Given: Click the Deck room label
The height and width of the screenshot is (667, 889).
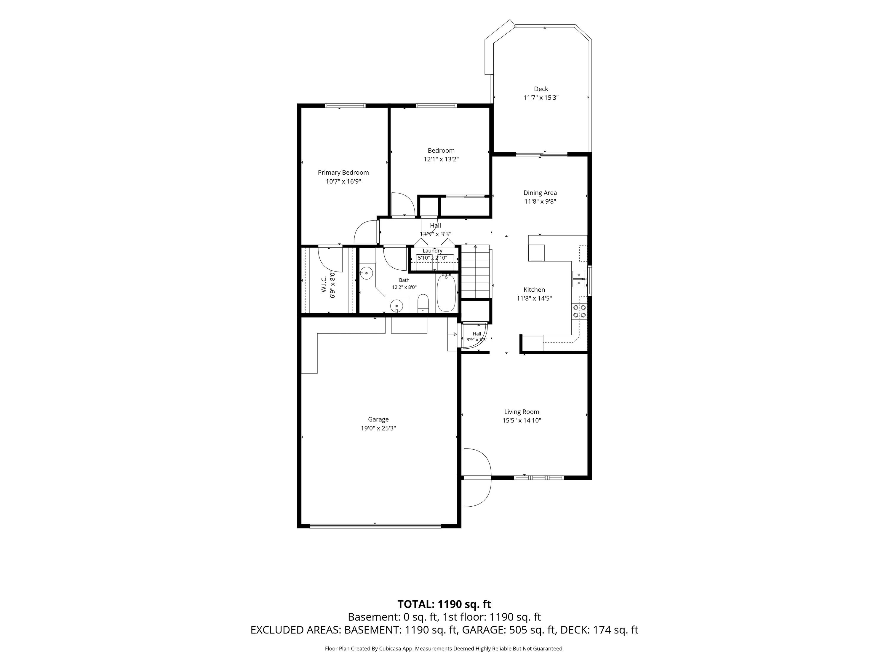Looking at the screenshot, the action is [541, 89].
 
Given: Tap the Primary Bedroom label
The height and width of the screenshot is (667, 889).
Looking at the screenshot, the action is [343, 173].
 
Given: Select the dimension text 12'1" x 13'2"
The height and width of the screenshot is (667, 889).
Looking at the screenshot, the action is [441, 159].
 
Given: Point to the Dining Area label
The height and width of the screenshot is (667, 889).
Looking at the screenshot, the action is [540, 193].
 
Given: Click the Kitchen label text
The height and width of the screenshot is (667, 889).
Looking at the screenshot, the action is [534, 289].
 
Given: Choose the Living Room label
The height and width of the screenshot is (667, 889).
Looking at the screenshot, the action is [522, 412].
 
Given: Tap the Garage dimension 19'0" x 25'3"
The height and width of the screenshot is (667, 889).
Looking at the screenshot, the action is [378, 428].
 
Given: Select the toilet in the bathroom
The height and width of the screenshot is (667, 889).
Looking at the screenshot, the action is [423, 304].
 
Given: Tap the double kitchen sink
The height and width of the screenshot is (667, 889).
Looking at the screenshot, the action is [579, 279].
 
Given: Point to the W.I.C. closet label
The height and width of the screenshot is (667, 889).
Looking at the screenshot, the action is [324, 284].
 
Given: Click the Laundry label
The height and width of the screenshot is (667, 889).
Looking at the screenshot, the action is [432, 250].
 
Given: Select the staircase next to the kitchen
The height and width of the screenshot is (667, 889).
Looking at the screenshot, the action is [476, 271].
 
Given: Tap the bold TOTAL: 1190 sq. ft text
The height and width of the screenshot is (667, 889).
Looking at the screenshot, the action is [444, 604].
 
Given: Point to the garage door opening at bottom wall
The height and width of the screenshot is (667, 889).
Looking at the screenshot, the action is [375, 526].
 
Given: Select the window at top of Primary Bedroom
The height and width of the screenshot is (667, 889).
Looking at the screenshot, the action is [345, 106].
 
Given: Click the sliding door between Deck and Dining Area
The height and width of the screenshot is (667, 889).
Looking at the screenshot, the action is [542, 154].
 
